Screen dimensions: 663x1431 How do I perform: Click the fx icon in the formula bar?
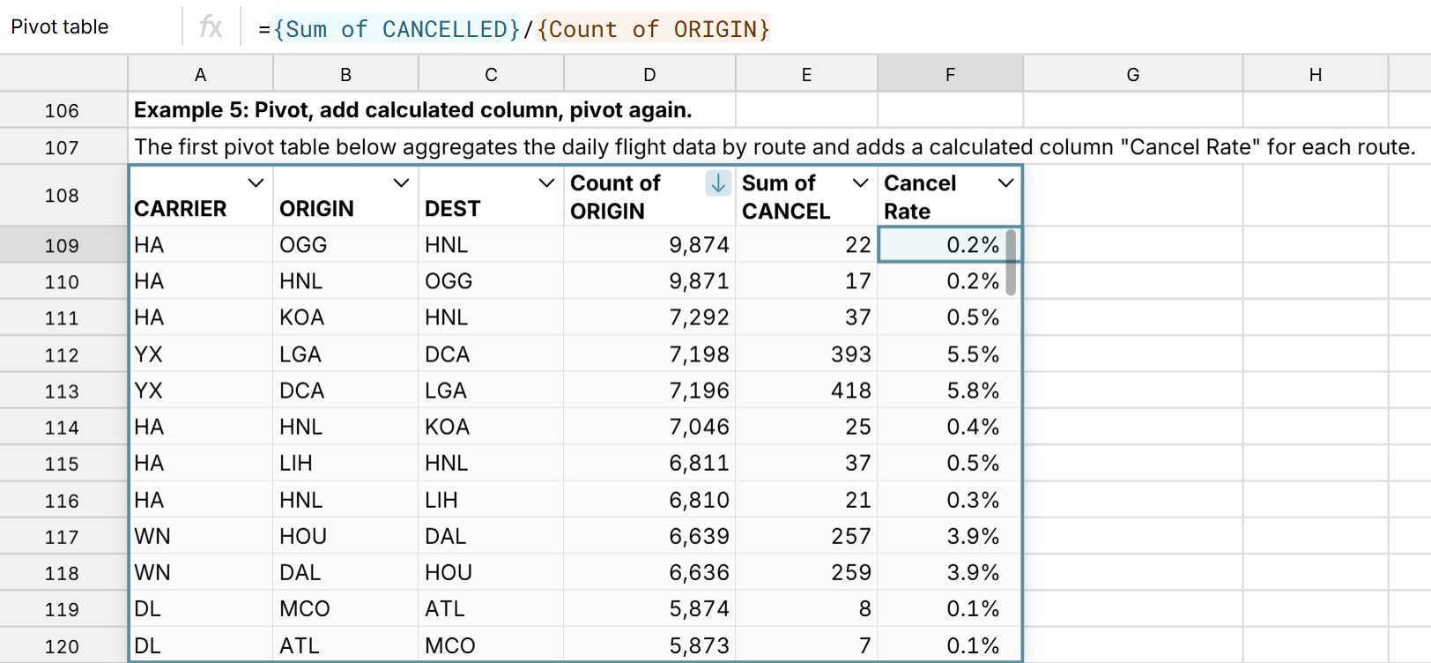[211, 27]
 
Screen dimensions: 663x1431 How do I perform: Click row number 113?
[62, 391]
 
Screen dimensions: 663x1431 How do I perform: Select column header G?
[1132, 75]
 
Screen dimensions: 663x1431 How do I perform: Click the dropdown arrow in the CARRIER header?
[256, 183]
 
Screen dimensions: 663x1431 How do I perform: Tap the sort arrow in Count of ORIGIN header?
[718, 183]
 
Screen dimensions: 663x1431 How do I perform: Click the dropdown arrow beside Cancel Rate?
[1005, 183]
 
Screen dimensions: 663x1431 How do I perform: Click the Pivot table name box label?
[60, 27]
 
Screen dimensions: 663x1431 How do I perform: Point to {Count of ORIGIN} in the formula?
[652, 29]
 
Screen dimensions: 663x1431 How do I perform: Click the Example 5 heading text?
[412, 110]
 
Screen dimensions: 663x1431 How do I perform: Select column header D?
[649, 75]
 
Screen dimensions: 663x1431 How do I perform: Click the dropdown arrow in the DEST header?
[546, 183]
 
